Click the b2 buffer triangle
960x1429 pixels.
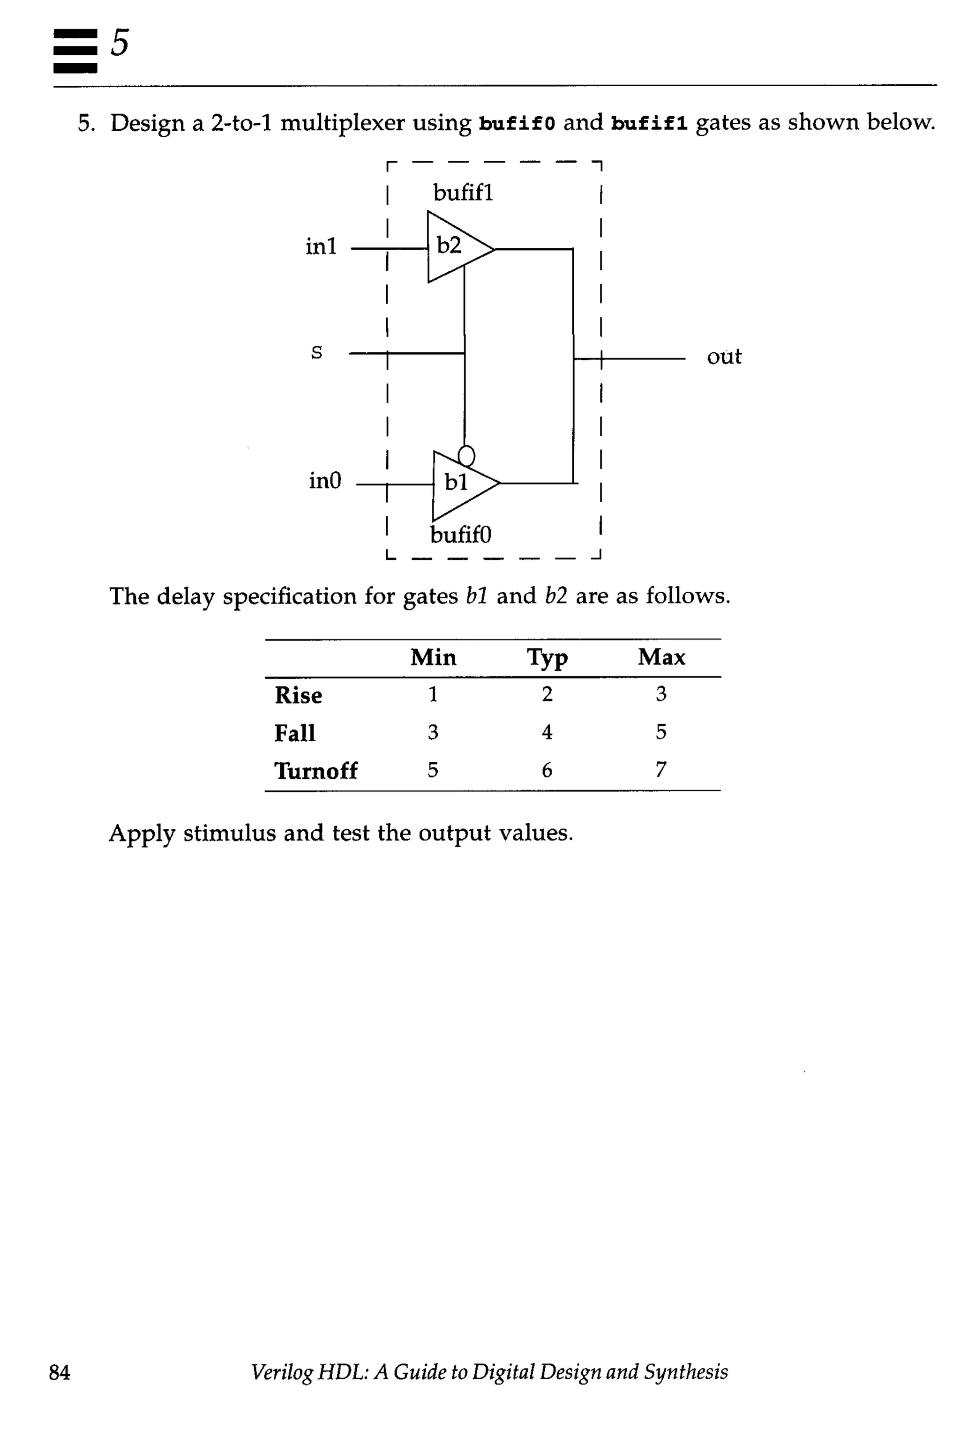(x=456, y=246)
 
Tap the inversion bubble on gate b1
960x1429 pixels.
(x=466, y=455)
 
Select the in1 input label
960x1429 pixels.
(x=321, y=246)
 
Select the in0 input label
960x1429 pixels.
(x=324, y=481)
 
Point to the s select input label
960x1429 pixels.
(x=316, y=352)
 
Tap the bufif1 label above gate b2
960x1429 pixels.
(x=463, y=193)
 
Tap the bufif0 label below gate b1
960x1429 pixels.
(x=460, y=535)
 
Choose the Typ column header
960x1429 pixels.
(x=547, y=658)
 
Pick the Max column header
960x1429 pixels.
(x=661, y=657)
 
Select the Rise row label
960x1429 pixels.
(x=298, y=695)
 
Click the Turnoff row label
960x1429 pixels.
(x=316, y=771)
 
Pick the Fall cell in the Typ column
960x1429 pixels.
(x=547, y=732)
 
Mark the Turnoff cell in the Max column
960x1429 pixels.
(x=660, y=769)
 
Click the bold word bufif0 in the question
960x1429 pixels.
(x=517, y=124)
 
